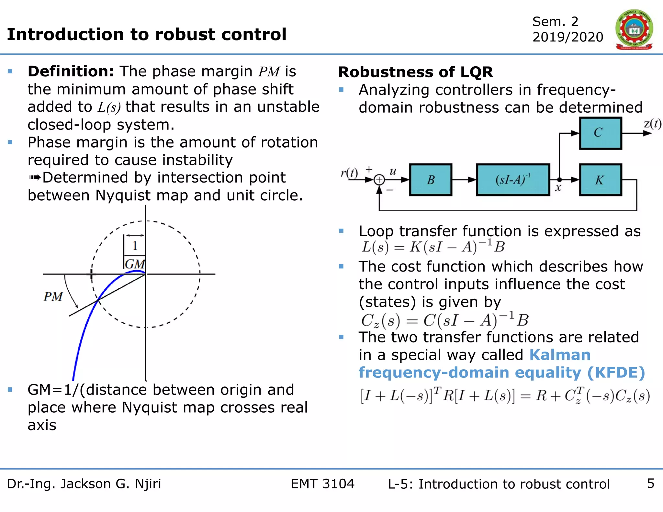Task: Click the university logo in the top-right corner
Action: (634, 29)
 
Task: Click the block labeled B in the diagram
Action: (431, 180)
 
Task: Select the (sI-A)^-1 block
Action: (513, 180)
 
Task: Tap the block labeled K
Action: (600, 180)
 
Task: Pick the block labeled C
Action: (600, 133)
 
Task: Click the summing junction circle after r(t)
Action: (379, 180)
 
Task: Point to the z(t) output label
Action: (652, 124)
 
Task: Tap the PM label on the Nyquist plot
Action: (53, 296)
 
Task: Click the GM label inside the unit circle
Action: (134, 264)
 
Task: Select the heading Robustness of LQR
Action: (416, 72)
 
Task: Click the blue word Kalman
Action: (560, 355)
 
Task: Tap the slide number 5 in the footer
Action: (651, 484)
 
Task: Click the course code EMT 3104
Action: (322, 484)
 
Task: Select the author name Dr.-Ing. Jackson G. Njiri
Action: (84, 484)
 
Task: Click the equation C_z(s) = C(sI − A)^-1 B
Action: (444, 320)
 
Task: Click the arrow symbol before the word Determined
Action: (35, 178)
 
